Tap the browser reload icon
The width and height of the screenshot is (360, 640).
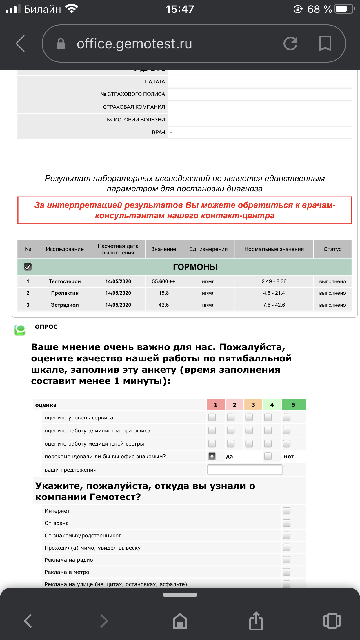coord(290,44)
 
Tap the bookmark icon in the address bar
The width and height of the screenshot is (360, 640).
coord(325,44)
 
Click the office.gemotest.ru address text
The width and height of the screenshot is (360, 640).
coord(134,44)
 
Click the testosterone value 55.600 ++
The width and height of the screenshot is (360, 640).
coord(163,281)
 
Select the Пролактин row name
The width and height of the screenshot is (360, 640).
coord(65,293)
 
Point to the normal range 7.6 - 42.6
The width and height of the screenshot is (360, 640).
coord(274,305)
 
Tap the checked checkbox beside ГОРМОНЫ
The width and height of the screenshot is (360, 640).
coord(28,267)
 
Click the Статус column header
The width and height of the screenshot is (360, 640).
coord(332,249)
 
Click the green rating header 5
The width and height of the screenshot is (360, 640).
coord(293,405)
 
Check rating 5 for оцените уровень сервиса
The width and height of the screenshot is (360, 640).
coord(287,417)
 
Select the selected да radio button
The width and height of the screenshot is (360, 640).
coord(212,456)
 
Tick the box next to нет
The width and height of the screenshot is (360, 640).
coord(268,456)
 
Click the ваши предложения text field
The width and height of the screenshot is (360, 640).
coord(245,470)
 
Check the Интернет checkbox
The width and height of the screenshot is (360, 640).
coord(287,511)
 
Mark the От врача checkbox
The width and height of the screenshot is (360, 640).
coord(287,523)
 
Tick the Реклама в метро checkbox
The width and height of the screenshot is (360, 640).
coord(287,572)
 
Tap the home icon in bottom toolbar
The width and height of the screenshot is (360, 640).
coord(180,621)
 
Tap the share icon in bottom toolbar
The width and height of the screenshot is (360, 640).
coord(256,621)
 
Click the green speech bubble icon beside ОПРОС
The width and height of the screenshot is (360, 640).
coord(20,330)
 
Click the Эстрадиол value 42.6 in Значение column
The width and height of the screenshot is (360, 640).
coord(163,305)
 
